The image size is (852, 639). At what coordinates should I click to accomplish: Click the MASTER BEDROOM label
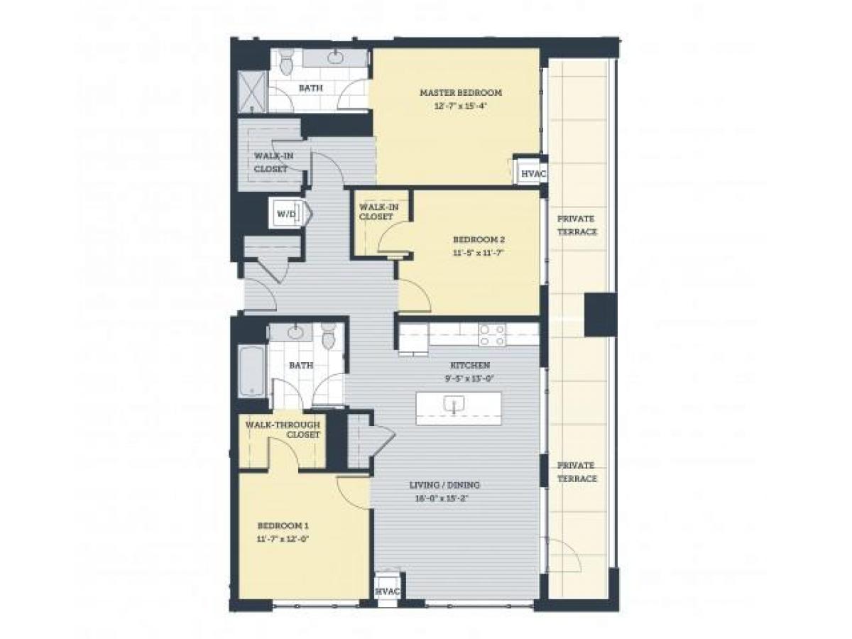click(x=460, y=92)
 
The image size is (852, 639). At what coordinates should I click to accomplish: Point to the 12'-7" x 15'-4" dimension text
click(x=460, y=106)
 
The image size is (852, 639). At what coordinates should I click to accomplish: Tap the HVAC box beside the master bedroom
click(x=528, y=173)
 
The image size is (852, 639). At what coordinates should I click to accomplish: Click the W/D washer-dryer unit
click(x=285, y=213)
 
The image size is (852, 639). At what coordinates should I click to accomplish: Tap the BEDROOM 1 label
click(x=283, y=525)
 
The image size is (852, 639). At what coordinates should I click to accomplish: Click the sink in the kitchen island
click(x=452, y=405)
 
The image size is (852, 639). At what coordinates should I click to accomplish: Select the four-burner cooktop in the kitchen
click(x=491, y=335)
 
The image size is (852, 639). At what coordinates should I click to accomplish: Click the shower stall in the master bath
click(x=253, y=91)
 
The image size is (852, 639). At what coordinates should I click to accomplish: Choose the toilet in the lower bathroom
click(x=328, y=337)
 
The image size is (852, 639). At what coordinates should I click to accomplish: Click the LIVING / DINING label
click(x=444, y=485)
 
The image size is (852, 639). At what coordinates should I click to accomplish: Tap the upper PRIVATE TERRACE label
click(x=576, y=225)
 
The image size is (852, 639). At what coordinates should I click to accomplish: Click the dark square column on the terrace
click(x=600, y=315)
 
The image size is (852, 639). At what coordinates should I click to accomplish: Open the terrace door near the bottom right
click(x=564, y=555)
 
